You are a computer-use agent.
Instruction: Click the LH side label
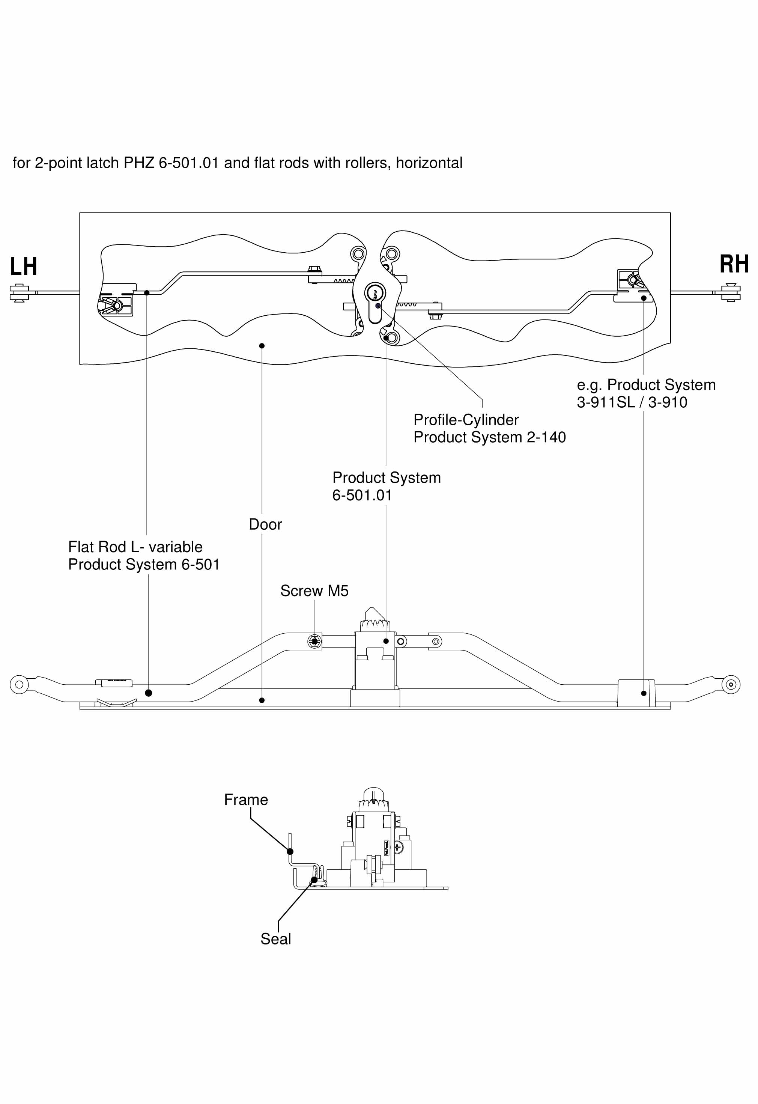click(x=23, y=267)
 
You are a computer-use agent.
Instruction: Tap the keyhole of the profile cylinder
click(x=375, y=293)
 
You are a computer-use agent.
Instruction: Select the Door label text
click(x=266, y=524)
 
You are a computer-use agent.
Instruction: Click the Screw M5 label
click(x=314, y=591)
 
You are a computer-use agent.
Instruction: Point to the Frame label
click(x=246, y=800)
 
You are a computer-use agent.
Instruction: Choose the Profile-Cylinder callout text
click(x=466, y=420)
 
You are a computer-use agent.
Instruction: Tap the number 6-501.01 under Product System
click(x=362, y=496)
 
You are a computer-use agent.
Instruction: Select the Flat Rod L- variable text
click(x=135, y=547)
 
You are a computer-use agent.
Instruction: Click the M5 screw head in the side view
click(x=314, y=642)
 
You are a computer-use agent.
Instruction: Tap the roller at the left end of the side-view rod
click(x=19, y=685)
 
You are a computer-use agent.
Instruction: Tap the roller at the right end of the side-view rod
click(x=731, y=685)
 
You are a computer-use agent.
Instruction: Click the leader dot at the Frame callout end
click(x=290, y=851)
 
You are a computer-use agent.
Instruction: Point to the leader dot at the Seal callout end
click(x=314, y=880)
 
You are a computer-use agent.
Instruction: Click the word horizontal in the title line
click(x=429, y=163)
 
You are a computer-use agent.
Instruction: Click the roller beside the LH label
click(x=19, y=293)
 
